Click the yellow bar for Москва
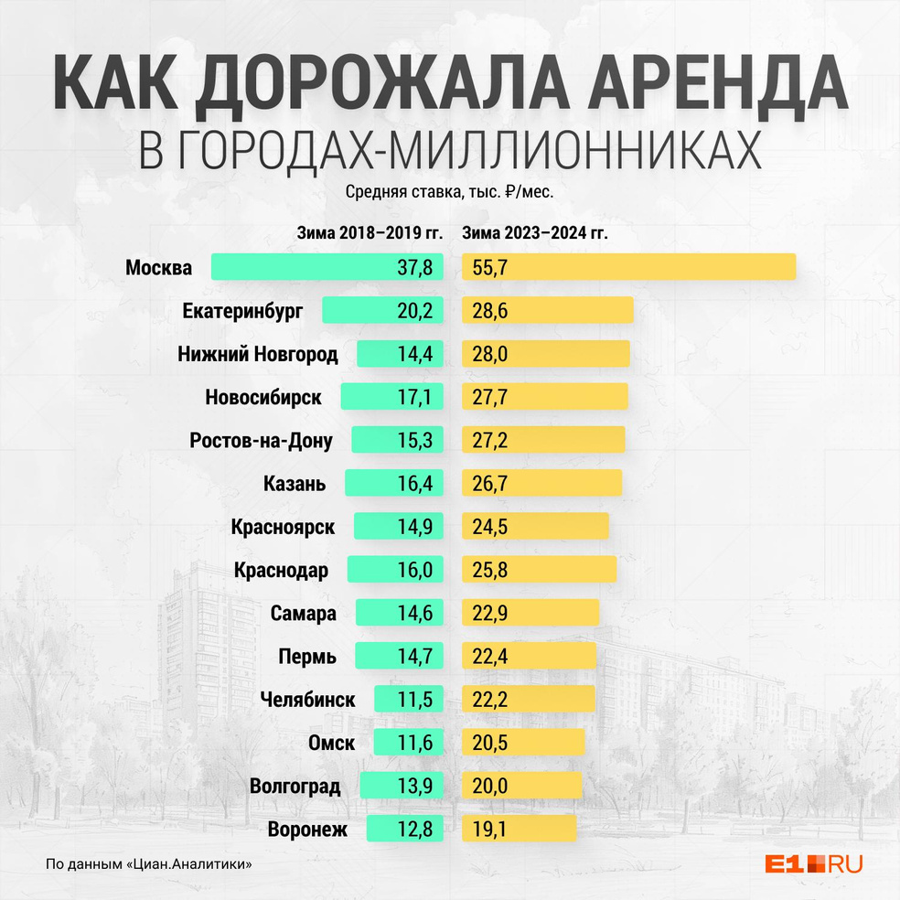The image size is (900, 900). click(629, 267)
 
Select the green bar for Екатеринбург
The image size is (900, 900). click(382, 310)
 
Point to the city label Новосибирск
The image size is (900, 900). click(263, 397)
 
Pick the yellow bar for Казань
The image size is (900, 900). click(541, 483)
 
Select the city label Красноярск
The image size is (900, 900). click(284, 527)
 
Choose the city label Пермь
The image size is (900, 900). click(306, 656)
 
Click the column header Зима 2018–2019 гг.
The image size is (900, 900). click(370, 233)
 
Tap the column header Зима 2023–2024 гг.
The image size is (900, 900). click(535, 233)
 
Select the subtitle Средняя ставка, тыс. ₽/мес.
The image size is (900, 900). click(450, 193)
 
